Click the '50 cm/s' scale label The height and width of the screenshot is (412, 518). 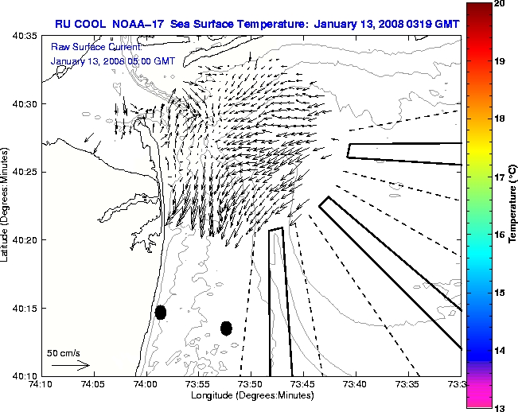pyautogui.click(x=63, y=352)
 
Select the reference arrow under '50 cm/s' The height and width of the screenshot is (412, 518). pyautogui.click(x=71, y=365)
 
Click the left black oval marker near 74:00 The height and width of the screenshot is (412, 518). pyautogui.click(x=161, y=312)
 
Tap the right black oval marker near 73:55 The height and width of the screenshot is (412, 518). pyautogui.click(x=226, y=328)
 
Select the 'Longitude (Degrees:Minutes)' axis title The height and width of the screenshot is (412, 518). pyautogui.click(x=251, y=396)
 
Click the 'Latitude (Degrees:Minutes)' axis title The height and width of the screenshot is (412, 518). pyautogui.click(x=7, y=205)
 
